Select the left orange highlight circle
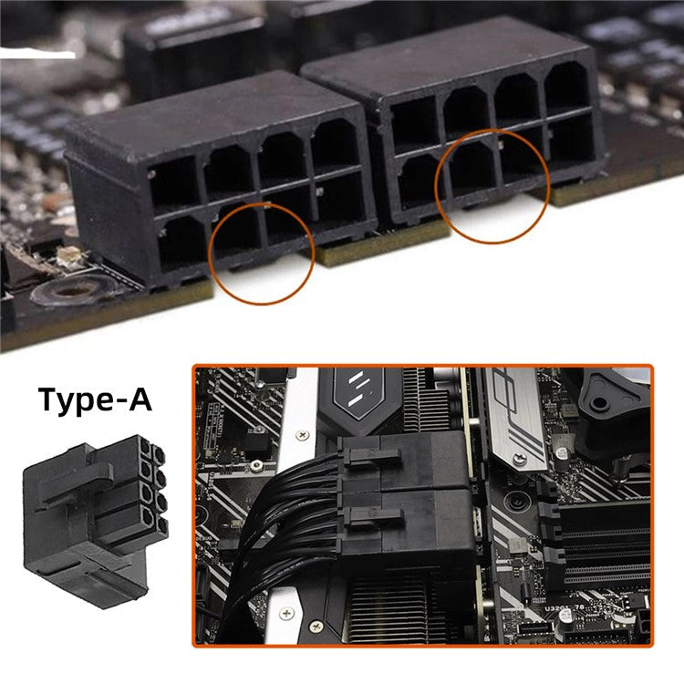[262, 254]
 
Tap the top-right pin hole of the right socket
[569, 88]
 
